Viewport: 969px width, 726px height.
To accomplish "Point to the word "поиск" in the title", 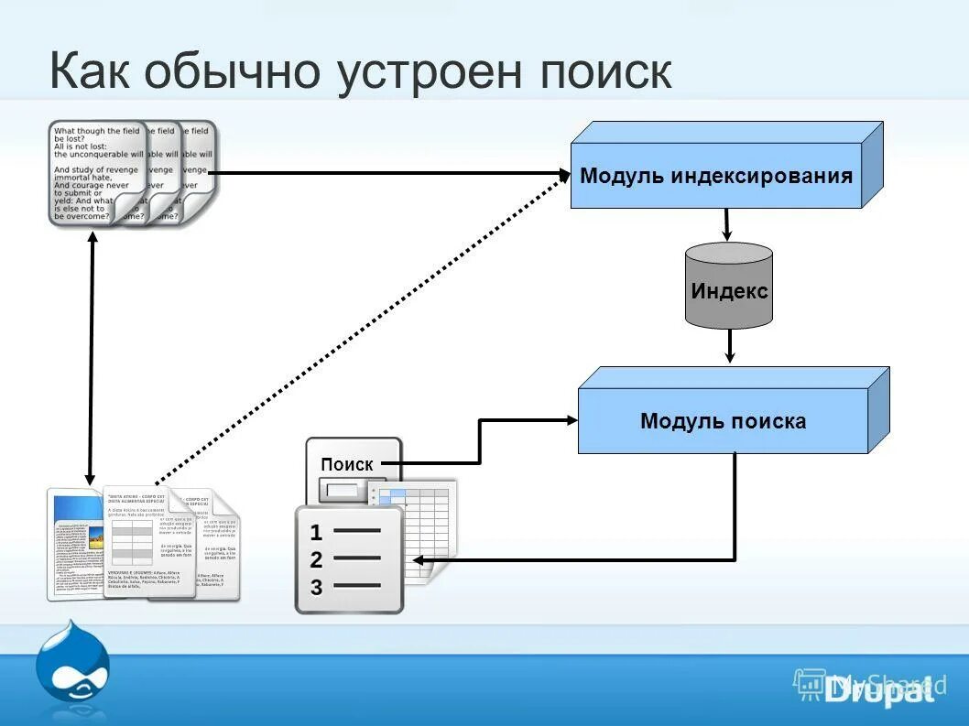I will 606,71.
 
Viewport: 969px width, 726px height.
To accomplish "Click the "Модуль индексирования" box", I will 716,176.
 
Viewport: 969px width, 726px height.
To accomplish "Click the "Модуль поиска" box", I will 723,421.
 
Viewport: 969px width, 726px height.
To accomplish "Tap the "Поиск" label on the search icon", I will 347,464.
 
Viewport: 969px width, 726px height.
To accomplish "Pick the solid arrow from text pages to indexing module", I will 385,172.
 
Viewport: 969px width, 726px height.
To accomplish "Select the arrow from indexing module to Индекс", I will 727,225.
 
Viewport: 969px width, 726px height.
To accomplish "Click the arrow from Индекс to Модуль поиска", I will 730,345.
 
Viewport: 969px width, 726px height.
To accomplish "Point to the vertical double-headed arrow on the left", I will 91,357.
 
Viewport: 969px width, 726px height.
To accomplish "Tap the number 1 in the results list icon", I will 316,532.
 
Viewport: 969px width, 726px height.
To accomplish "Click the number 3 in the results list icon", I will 316,587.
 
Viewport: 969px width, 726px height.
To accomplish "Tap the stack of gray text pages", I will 133,172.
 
